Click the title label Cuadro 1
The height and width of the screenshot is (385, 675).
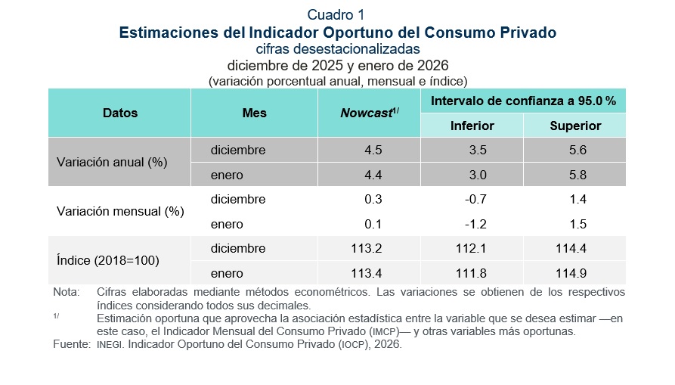[337, 15]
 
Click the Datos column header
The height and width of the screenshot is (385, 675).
[120, 113]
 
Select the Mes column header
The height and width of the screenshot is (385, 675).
[255, 113]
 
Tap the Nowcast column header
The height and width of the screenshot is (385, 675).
[370, 113]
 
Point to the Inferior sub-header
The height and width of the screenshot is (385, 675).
[472, 126]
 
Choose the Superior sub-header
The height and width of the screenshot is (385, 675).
[575, 126]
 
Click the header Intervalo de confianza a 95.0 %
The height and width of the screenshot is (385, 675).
[523, 101]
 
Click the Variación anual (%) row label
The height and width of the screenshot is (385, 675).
[112, 163]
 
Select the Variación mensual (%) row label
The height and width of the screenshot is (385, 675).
[120, 212]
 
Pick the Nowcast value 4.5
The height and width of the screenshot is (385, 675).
[373, 151]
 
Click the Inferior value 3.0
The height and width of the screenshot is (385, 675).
[477, 175]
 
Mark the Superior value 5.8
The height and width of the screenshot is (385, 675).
[577, 175]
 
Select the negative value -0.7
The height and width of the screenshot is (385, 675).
[475, 200]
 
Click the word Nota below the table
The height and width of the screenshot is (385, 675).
[66, 292]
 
